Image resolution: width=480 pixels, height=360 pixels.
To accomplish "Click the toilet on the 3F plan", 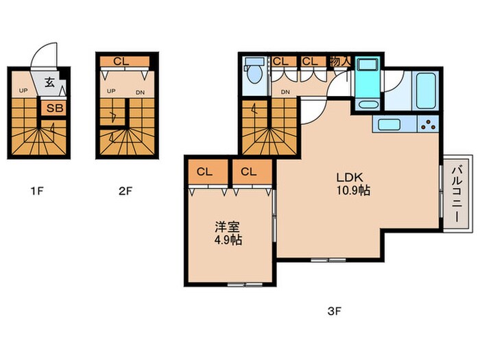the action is click(254, 71).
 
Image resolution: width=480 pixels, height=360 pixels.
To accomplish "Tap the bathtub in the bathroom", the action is click(425, 91).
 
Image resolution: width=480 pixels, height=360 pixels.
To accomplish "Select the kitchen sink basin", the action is click(389, 125).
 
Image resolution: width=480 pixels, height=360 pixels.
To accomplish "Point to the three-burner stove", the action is click(428, 124).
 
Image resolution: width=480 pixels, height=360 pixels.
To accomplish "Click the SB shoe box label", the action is click(55, 108).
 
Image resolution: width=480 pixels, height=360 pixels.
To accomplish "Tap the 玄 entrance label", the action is click(49, 82).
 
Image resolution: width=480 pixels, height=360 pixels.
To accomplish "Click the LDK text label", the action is click(350, 177).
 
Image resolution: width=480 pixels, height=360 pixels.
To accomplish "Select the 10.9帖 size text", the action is click(353, 191).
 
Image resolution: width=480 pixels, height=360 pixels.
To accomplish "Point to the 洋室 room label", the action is click(227, 227).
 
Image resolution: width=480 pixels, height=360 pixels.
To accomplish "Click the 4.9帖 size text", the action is click(228, 240).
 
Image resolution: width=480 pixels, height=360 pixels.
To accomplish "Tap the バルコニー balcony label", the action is click(457, 194).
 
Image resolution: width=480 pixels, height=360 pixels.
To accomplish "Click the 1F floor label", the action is click(37, 191).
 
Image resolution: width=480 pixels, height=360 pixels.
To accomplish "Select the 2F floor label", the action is click(125, 191).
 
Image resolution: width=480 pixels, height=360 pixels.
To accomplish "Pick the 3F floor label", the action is click(335, 311).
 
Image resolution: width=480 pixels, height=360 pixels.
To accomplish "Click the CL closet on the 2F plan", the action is click(125, 61).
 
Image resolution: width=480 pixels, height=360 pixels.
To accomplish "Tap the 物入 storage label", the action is click(340, 62).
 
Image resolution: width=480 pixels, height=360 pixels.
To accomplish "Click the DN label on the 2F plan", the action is click(140, 93).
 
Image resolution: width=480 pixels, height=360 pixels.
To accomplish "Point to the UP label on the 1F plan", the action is click(23, 91).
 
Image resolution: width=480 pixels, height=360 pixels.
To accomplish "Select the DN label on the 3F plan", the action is click(285, 92).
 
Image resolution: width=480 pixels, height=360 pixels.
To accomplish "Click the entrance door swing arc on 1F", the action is click(43, 51).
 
